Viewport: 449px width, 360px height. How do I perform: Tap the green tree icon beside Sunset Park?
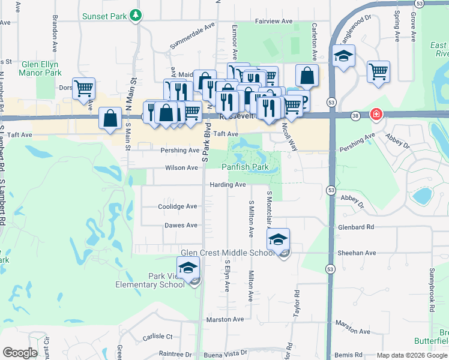pyautogui.click(x=137, y=15)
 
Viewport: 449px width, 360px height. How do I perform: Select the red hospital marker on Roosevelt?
pyautogui.click(x=376, y=113)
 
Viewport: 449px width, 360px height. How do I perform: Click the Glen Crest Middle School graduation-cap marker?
pyautogui.click(x=279, y=240)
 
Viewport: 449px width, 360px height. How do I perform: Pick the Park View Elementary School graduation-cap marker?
pyautogui.click(x=188, y=268)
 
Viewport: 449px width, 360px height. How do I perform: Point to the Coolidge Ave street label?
pyautogui.click(x=178, y=206)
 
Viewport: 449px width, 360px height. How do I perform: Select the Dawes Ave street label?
pyautogui.click(x=181, y=226)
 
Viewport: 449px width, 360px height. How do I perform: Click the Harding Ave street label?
pyautogui.click(x=228, y=185)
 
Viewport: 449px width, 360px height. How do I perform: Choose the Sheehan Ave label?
pyautogui.click(x=358, y=253)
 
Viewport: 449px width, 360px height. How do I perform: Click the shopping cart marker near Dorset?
pyautogui.click(x=84, y=88)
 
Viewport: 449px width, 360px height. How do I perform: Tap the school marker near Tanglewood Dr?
pyautogui.click(x=343, y=56)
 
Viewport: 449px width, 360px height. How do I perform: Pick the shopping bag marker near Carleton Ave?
pyautogui.click(x=307, y=76)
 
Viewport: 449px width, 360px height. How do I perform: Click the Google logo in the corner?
pyautogui.click(x=20, y=353)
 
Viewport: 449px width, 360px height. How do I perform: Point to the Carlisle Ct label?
pyautogui.click(x=158, y=337)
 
